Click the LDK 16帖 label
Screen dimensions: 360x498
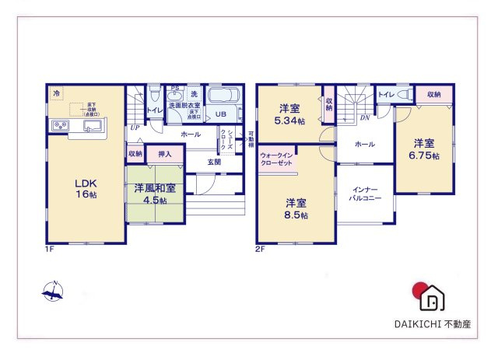tap(86, 188)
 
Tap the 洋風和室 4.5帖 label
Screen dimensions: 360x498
tap(153, 193)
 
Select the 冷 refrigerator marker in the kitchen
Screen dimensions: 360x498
tap(56, 94)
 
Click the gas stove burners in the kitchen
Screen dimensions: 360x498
tap(60, 126)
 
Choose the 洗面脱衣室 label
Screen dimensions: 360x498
tap(184, 106)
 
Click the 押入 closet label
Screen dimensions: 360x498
tap(165, 154)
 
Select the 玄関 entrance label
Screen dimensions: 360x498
tap(214, 162)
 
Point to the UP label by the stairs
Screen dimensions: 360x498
tap(135, 128)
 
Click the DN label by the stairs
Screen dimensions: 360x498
tap(364, 117)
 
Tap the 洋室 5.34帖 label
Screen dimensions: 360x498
tap(289, 115)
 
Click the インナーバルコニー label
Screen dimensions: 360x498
tap(364, 194)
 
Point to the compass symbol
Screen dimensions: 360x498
tap(53, 294)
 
